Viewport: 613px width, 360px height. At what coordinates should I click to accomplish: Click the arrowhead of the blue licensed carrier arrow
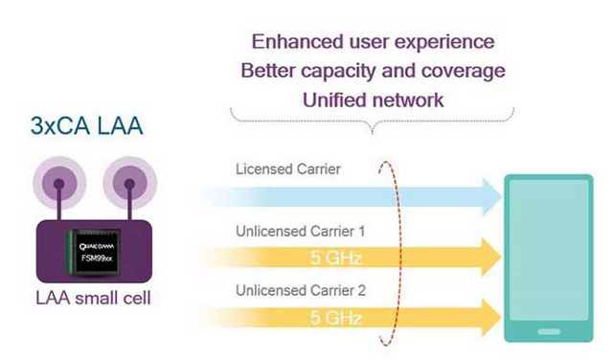491,196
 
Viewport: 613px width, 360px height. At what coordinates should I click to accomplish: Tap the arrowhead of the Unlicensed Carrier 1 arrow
491,257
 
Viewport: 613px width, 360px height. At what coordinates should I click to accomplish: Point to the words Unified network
374,101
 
